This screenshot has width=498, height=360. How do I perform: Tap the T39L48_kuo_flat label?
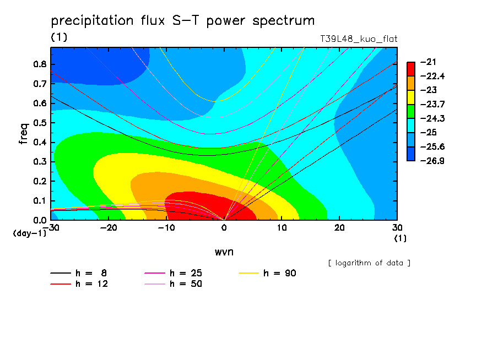359,39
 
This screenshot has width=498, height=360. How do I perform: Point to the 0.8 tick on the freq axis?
40,64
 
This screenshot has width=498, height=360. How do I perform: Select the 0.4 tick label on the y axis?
40,142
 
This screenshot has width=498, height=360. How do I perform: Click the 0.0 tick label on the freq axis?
40,220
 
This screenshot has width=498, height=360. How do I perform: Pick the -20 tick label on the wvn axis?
109,228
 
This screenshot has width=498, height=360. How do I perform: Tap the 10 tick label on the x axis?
282,228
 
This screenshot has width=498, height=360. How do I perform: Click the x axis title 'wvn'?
224,252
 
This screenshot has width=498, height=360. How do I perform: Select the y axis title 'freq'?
24,134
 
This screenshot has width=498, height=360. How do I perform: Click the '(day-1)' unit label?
30,233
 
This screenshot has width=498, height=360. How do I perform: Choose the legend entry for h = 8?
79,273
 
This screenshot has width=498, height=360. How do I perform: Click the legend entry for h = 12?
79,284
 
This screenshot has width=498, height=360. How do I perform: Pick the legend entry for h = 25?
173,273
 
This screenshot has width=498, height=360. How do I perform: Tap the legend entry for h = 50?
173,284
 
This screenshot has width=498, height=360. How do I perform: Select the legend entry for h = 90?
267,273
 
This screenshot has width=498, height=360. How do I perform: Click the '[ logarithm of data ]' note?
370,263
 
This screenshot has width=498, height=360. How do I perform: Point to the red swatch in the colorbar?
411,69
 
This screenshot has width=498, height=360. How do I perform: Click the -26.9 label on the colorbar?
432,161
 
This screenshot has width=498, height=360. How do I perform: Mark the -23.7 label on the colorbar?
432,104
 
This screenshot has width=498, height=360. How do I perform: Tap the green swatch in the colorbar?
411,111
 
